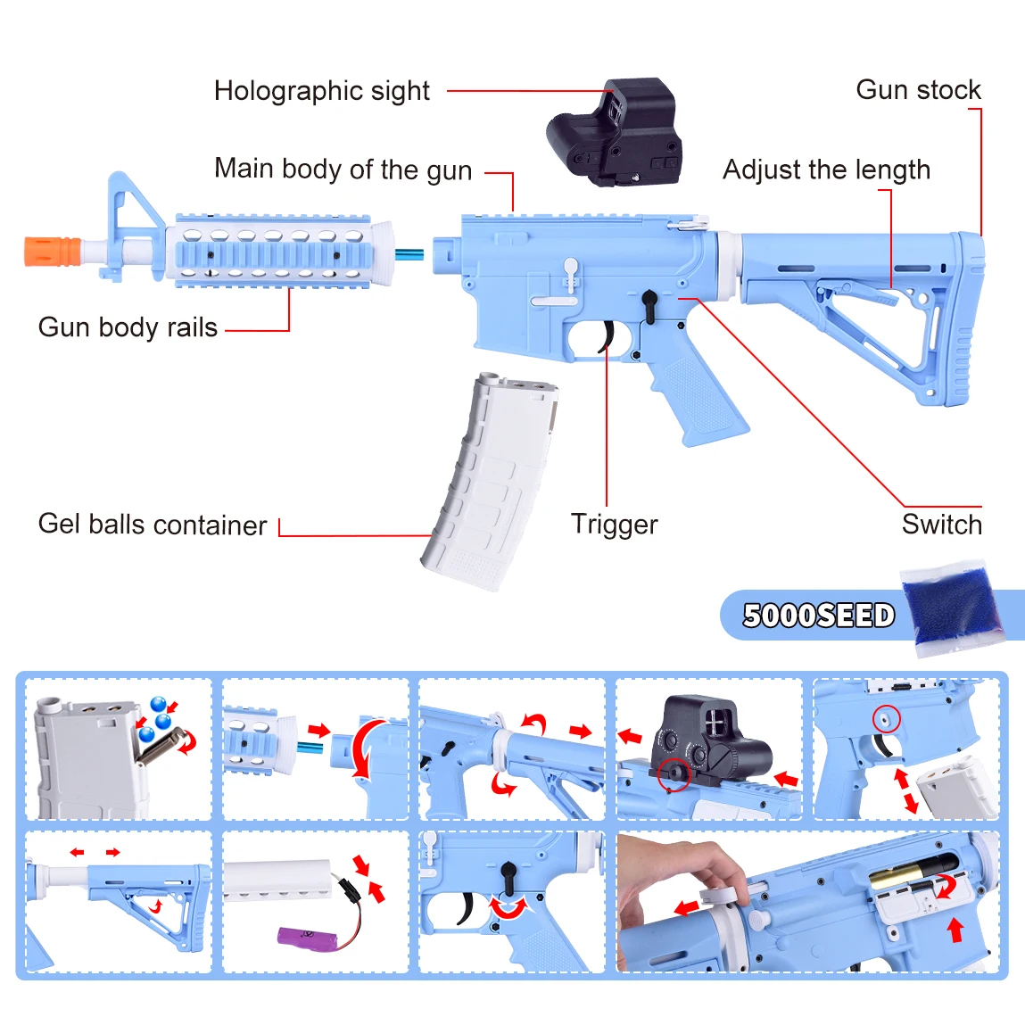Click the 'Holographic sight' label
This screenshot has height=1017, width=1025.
[x=321, y=91]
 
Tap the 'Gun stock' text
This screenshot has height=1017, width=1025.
[x=918, y=90]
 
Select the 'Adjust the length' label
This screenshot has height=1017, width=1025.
[x=826, y=169]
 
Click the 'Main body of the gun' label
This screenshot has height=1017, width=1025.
[x=343, y=169]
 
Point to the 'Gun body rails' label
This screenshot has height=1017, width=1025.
[x=128, y=327]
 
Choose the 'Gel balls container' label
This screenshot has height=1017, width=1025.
[x=152, y=525]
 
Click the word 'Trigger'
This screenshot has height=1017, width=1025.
[x=614, y=525]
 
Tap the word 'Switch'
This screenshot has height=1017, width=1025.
[x=941, y=525]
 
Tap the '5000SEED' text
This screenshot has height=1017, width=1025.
[x=818, y=616]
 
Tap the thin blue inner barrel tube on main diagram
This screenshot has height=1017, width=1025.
[x=409, y=254]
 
